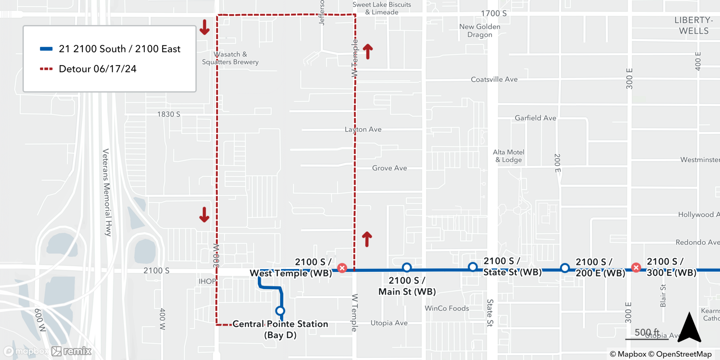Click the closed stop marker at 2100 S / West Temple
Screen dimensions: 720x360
342,268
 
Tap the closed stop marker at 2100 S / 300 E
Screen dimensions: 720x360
636,267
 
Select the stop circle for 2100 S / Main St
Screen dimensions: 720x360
407,267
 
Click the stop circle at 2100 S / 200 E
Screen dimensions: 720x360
565,268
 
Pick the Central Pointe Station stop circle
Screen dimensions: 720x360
280,311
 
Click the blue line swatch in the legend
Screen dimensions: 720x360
46,49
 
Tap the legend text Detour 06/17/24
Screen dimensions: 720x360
98,69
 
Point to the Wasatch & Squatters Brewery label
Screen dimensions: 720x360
230,58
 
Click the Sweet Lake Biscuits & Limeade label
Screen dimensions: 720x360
382,8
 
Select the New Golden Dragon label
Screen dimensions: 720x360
480,31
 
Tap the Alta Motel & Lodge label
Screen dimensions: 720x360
508,156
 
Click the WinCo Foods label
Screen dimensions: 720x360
447,308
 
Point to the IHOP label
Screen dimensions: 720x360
207,281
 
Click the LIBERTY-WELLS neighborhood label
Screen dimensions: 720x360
694,26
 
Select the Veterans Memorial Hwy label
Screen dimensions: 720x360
107,192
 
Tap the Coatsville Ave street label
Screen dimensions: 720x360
494,79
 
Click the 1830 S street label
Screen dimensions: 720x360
168,114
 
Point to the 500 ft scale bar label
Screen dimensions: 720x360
647,332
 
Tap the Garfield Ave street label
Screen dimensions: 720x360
535,118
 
